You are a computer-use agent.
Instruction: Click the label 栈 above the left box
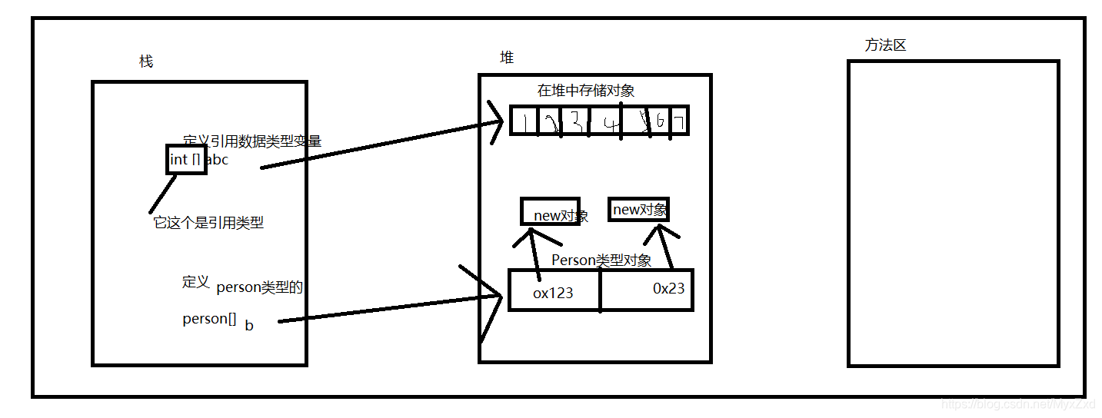[x=146, y=61]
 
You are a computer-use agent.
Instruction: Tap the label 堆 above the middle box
[x=507, y=58]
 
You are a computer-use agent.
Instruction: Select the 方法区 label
[x=885, y=45]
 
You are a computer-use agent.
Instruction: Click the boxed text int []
[x=186, y=160]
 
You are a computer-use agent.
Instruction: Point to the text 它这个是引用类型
[x=208, y=223]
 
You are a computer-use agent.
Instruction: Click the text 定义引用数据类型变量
[x=252, y=141]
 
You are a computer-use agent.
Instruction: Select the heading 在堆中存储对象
[x=586, y=91]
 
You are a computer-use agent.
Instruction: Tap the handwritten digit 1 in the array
[x=524, y=121]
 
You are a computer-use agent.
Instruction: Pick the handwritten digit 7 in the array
[x=678, y=121]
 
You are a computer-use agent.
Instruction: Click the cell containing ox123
[x=554, y=293]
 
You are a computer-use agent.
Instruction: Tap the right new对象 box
[x=638, y=210]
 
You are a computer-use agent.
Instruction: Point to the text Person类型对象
[x=601, y=260]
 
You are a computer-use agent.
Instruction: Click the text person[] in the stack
[x=209, y=319]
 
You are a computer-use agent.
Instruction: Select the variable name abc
[x=218, y=161]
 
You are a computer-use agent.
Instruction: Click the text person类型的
[x=259, y=288]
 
